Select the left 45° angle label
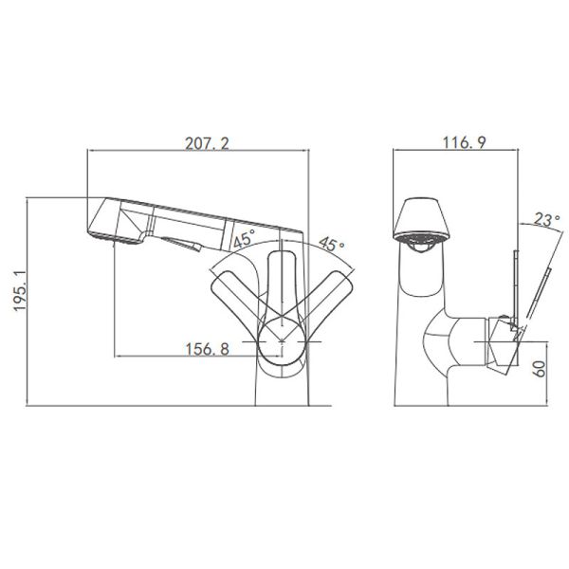243,241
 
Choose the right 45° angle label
331,244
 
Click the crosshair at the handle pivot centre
283,339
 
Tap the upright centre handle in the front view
283,284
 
